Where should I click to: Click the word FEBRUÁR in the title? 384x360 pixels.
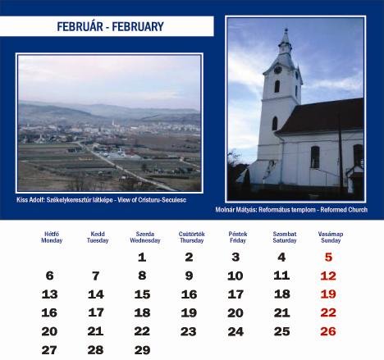coord(80,26)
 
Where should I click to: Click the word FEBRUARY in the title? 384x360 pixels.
coord(138,26)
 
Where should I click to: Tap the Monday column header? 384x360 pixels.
coord(52,237)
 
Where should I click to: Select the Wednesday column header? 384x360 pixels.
coord(145,237)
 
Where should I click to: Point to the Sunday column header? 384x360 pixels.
coord(331,237)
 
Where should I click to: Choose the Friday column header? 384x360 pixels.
coord(238,237)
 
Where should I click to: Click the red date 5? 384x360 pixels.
coord(328,257)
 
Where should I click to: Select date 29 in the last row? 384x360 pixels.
coord(142,350)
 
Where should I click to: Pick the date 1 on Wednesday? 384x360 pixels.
coord(142,257)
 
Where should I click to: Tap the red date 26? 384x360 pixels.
coord(328,331)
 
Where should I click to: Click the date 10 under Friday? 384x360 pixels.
coord(235,276)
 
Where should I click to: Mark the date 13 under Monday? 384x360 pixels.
coord(49,294)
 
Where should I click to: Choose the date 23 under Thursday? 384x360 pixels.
coord(189,331)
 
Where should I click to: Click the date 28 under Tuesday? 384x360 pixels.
coord(95,350)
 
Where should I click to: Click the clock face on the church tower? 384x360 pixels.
coord(278,70)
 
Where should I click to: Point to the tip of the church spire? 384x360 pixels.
coord(286,28)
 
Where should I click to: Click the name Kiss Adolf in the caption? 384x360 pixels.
coord(30,200)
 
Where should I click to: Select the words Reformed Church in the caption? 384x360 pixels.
coord(344,210)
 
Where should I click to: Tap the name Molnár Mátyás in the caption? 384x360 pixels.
coord(236,210)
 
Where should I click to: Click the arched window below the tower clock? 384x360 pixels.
coord(277,86)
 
